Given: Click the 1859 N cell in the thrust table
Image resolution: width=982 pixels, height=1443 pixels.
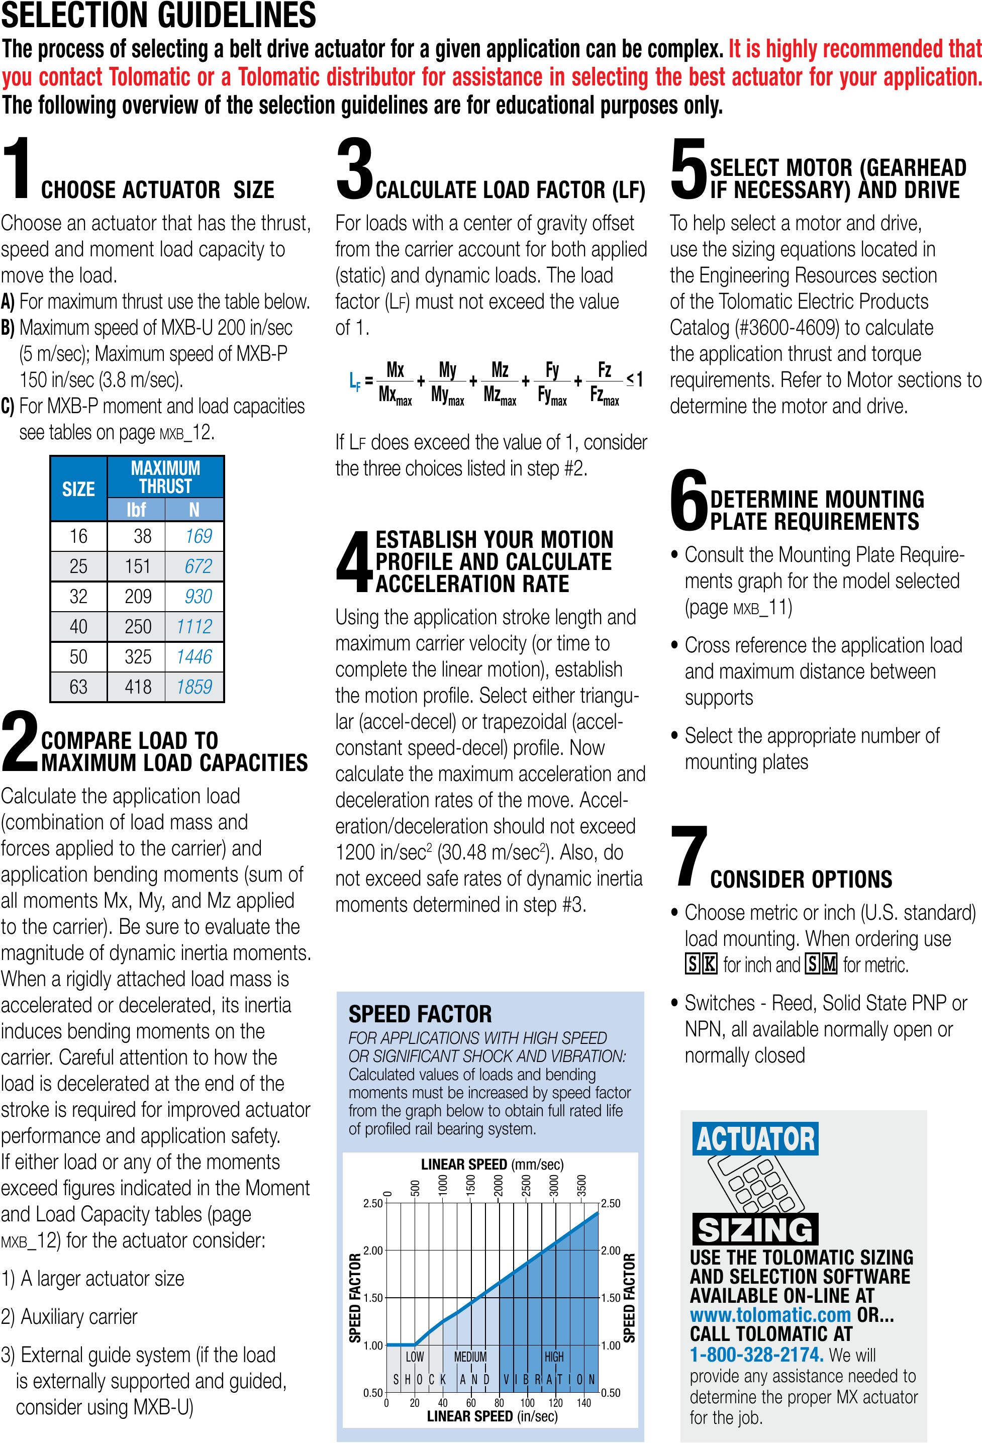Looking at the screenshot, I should point(194,687).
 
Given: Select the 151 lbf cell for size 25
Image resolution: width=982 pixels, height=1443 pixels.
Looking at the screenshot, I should point(137,566).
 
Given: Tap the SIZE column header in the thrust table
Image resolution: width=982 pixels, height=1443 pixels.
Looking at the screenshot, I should point(78,489).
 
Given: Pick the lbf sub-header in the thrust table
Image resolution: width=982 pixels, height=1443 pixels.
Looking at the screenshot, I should point(136,510).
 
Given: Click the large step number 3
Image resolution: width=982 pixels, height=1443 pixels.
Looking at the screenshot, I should point(354,169).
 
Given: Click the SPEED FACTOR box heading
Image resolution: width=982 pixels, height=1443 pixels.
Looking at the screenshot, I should point(420,1014).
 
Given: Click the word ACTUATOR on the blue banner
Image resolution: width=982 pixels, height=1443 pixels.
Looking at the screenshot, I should point(755,1139).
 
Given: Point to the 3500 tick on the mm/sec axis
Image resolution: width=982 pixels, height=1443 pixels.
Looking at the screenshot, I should point(581,1185).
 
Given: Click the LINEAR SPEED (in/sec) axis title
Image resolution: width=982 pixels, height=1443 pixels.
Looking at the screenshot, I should point(492,1416).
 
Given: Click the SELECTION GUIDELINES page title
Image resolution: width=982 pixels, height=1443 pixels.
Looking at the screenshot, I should point(158,16).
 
